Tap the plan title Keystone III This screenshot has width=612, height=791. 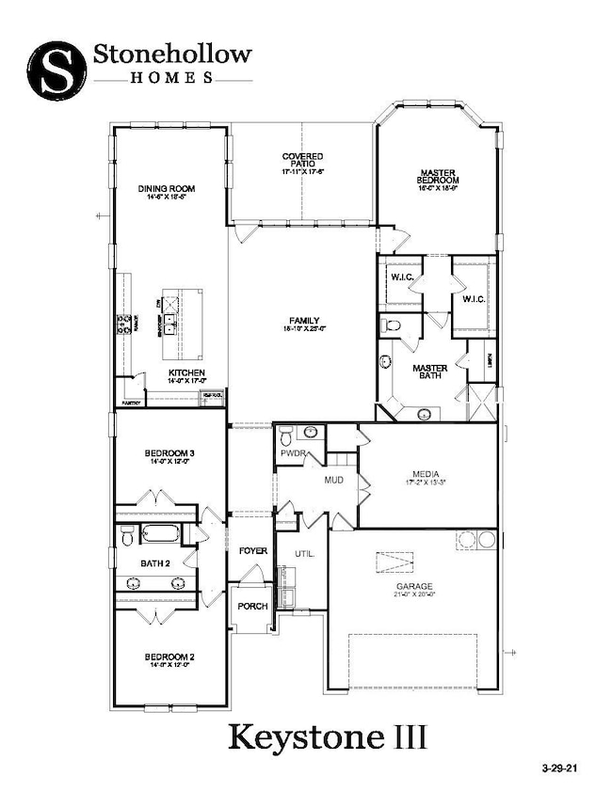point(327,736)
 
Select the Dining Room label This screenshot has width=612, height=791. point(167,189)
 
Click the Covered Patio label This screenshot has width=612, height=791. point(302,162)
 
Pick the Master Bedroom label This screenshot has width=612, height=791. point(438,178)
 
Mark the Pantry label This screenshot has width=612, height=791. point(128,403)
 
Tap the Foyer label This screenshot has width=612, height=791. point(251,550)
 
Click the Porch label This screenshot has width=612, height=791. point(250,606)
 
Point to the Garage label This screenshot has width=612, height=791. point(414,586)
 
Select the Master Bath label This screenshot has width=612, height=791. point(430,372)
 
